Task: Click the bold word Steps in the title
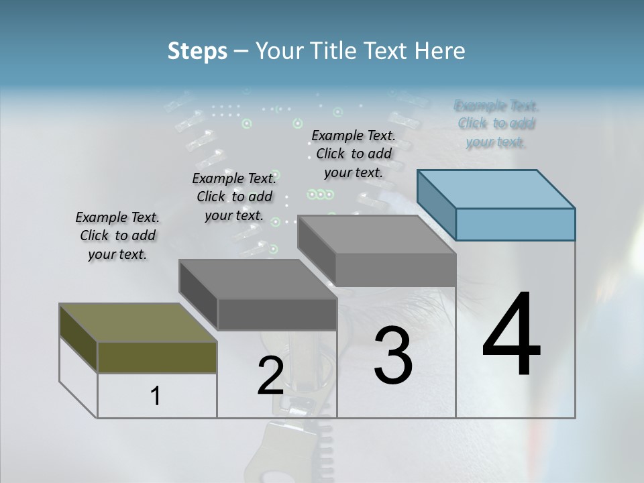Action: point(197,51)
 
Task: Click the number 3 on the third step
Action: point(393,356)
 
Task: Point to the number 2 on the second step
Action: point(270,376)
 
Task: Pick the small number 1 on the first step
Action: point(156,396)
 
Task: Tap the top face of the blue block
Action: point(496,189)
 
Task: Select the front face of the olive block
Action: point(157,357)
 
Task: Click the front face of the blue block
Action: point(515,224)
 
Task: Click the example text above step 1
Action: point(117,236)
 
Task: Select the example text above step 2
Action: point(234,197)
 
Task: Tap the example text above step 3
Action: point(354,154)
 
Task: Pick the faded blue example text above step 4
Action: point(496,123)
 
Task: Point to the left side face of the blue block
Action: point(436,204)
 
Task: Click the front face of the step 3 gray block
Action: point(395,270)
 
